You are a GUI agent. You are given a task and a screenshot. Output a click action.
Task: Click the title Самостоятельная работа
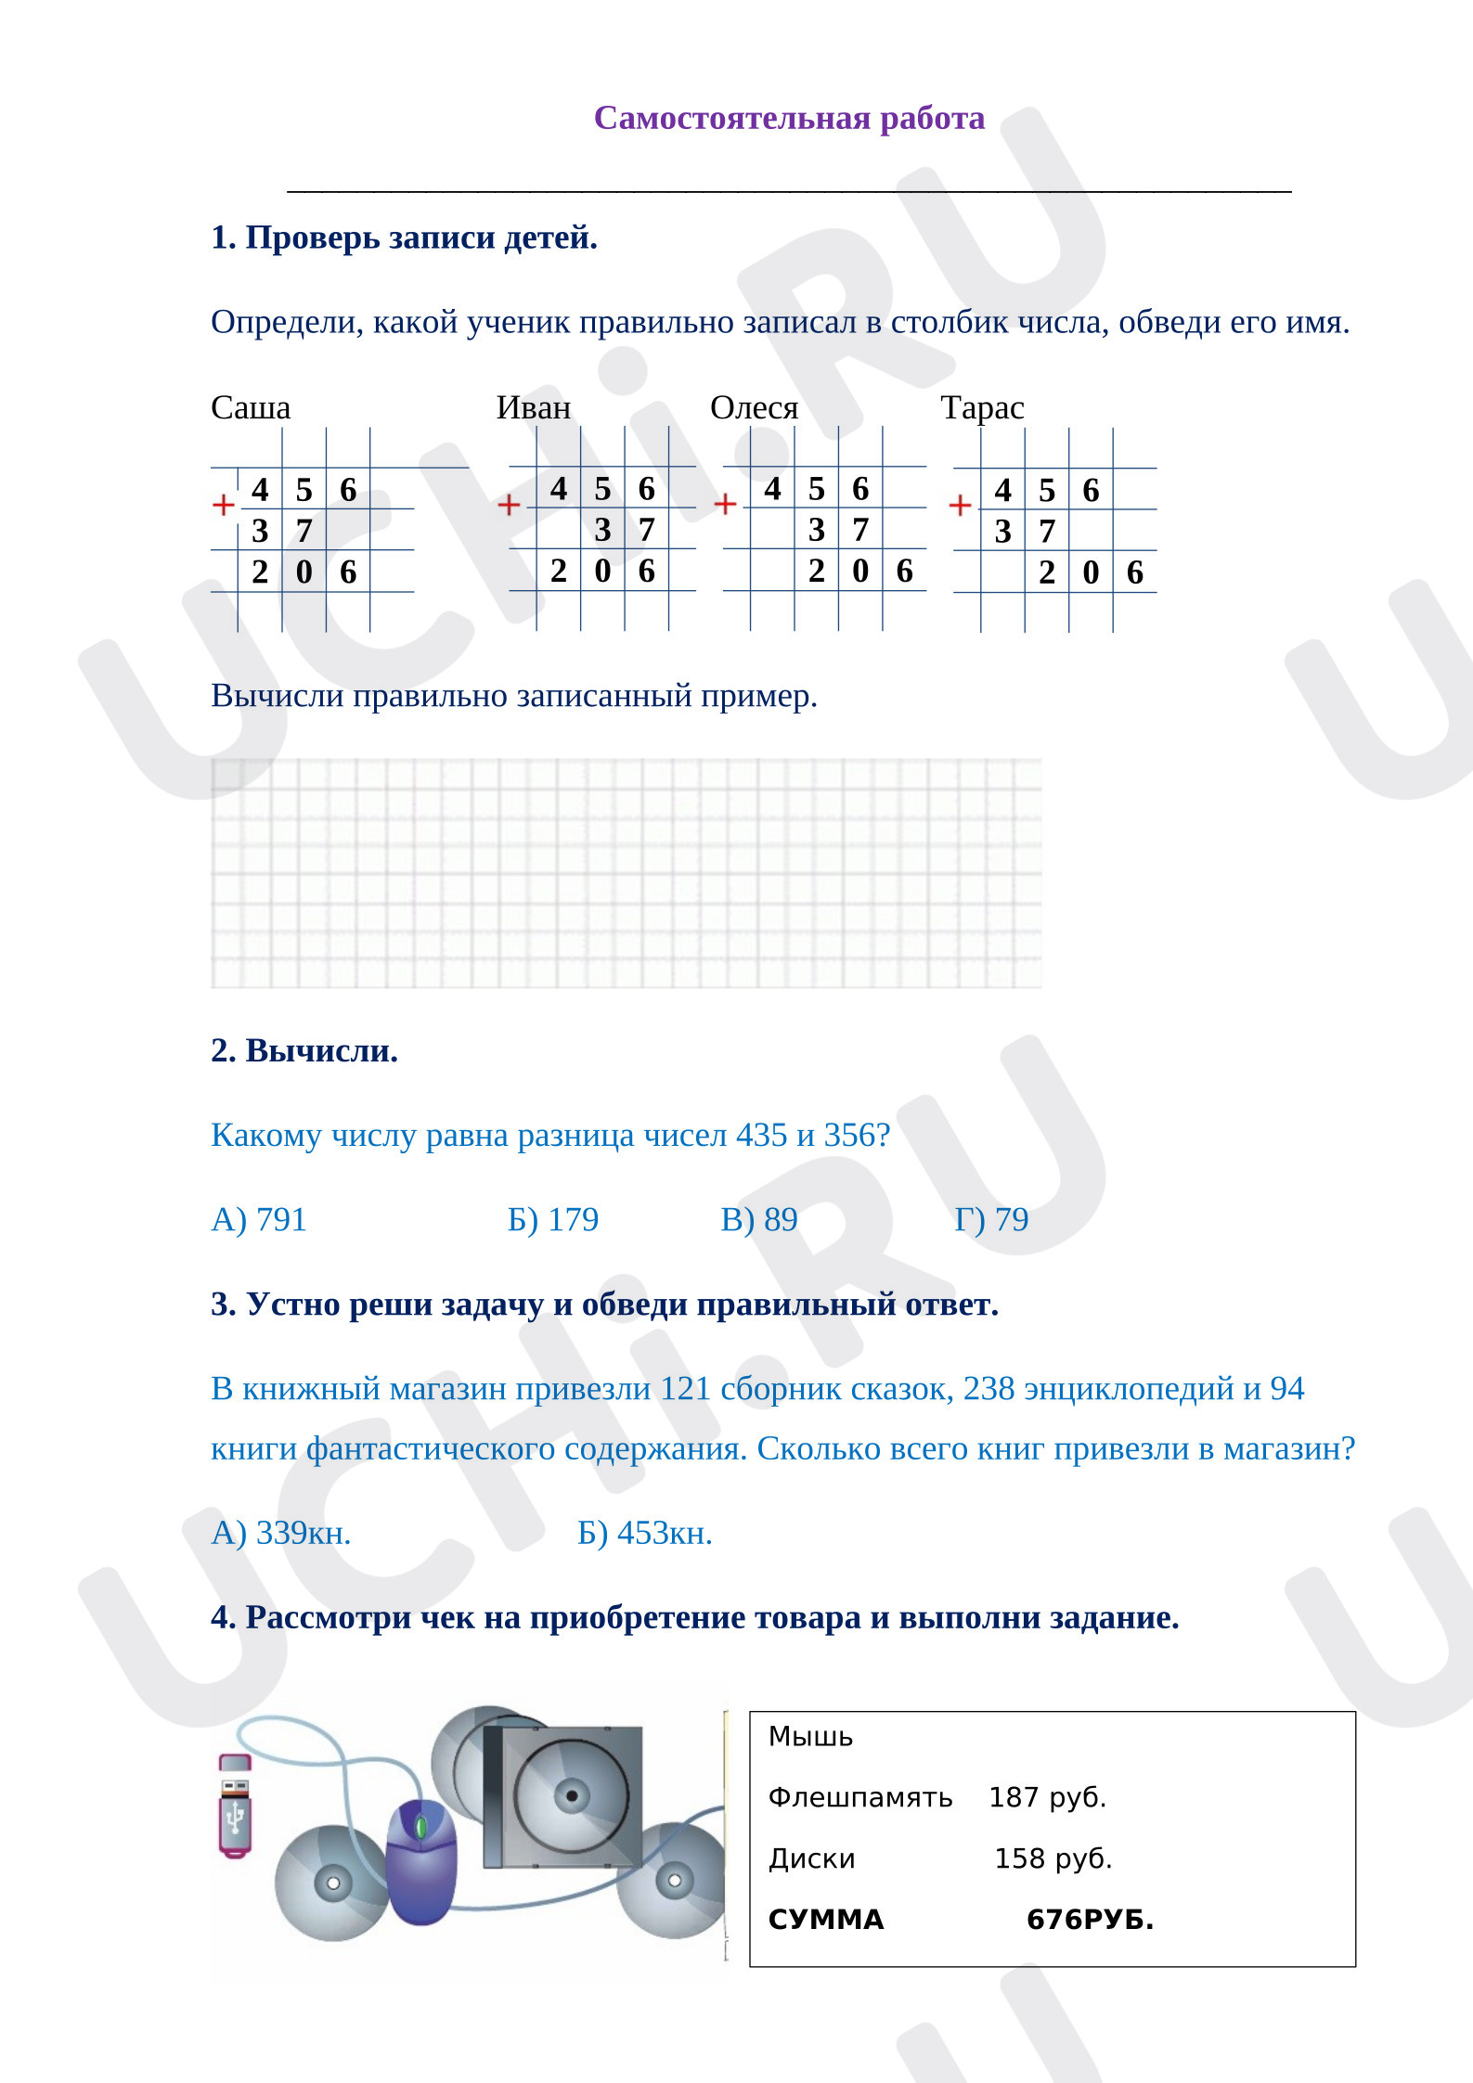(x=789, y=118)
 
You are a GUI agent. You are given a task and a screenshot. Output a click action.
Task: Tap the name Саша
(x=251, y=407)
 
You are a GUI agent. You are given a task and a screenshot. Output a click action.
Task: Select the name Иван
(x=534, y=407)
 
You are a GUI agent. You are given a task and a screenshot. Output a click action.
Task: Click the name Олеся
(x=755, y=407)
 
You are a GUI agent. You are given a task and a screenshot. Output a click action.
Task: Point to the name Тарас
(x=983, y=407)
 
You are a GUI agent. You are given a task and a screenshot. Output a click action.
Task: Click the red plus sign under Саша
(x=223, y=504)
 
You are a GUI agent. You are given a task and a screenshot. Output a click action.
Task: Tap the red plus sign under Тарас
(x=960, y=505)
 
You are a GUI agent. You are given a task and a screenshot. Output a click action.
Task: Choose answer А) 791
(x=259, y=1219)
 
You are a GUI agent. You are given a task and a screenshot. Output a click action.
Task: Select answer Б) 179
(x=553, y=1219)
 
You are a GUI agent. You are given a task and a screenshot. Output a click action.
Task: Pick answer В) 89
(x=759, y=1219)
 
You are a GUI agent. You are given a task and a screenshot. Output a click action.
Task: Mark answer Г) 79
(x=991, y=1219)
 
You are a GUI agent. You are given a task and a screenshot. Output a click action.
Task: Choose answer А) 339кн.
(x=281, y=1533)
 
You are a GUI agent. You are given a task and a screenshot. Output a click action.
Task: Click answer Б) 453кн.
(x=645, y=1533)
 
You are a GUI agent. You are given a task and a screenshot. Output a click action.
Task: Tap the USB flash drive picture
(x=235, y=1806)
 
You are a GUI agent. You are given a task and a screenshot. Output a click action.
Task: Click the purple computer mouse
(x=421, y=1861)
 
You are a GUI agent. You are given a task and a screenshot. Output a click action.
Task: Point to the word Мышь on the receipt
(x=810, y=1736)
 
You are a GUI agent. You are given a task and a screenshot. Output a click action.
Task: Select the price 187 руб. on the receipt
(x=1048, y=1797)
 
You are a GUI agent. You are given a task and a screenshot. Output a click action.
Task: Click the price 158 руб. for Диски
(x=1053, y=1858)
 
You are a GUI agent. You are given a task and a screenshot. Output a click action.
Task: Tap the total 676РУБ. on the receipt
(x=1091, y=1920)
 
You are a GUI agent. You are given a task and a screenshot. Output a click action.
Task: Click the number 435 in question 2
(x=761, y=1135)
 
